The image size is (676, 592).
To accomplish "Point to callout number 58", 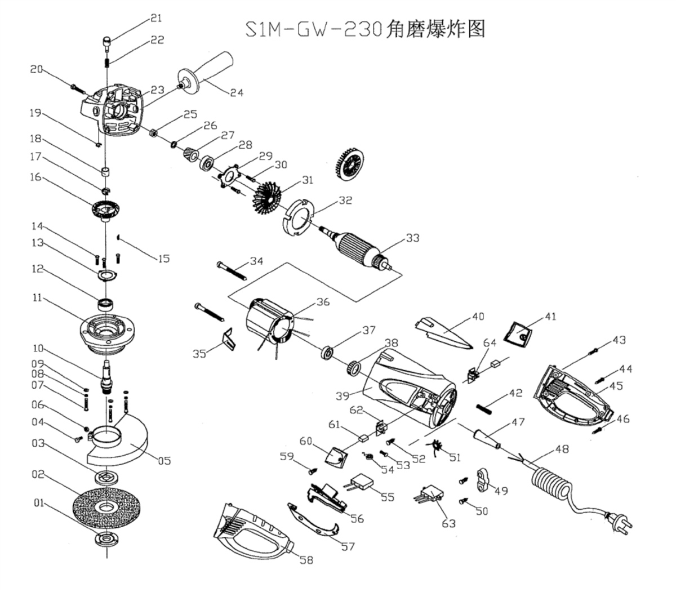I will pyautogui.click(x=306, y=560).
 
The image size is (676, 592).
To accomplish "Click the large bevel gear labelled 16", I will pyautogui.click(x=106, y=209).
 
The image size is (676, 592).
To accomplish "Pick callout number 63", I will pyautogui.click(x=448, y=523).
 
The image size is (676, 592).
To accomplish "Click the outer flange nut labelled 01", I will pyautogui.click(x=105, y=539).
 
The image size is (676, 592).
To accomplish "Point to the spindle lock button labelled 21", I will pyautogui.click(x=107, y=41).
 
